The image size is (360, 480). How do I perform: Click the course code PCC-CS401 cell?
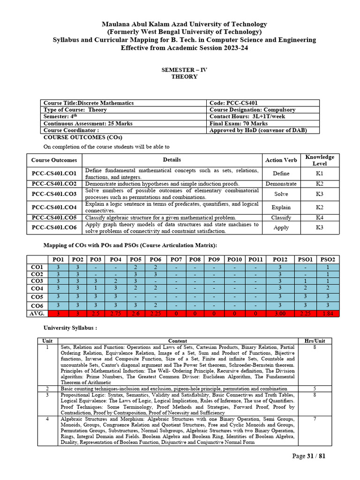click(x=233, y=103)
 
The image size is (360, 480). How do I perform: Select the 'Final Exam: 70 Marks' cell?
click(x=238, y=123)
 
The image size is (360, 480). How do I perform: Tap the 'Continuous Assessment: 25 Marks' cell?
click(x=88, y=123)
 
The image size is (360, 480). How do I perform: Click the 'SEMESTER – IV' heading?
click(x=184, y=70)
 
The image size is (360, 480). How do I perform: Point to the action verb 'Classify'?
click(x=281, y=217)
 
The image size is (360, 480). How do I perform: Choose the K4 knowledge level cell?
click(x=320, y=217)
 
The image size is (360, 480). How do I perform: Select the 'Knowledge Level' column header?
click(x=320, y=160)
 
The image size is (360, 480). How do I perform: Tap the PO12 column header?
click(x=280, y=259)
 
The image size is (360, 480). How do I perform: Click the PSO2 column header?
click(x=328, y=259)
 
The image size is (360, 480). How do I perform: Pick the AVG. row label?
click(x=37, y=313)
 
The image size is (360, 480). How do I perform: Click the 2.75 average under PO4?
click(x=115, y=313)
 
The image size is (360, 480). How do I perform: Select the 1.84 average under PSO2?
click(x=328, y=313)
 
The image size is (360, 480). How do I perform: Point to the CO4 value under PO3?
click(x=95, y=288)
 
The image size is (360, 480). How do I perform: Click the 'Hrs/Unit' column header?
click(x=314, y=341)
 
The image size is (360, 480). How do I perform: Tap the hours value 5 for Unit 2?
click(x=314, y=389)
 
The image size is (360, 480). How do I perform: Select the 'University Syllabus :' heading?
click(x=70, y=328)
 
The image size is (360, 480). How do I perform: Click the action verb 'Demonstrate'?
click(x=281, y=184)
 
